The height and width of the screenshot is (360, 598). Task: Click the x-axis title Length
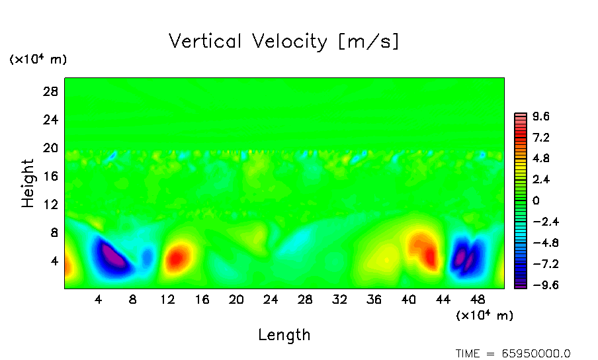284,335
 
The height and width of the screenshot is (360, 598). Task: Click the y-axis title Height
28,183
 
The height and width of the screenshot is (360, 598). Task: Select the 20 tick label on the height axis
52,148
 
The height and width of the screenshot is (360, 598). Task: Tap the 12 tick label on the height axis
52,204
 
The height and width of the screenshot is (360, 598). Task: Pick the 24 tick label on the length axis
271,300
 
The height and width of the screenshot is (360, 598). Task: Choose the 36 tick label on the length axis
374,300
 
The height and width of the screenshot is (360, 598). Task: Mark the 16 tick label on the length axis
202,300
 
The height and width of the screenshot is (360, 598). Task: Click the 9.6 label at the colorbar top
541,117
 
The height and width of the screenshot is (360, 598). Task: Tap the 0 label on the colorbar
536,201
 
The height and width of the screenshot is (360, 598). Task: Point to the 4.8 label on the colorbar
541,159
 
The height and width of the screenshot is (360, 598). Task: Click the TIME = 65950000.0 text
513,353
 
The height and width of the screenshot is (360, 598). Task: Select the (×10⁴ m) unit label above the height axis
38,60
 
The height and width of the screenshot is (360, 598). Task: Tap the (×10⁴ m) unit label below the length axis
485,316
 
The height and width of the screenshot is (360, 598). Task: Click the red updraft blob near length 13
177,258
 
